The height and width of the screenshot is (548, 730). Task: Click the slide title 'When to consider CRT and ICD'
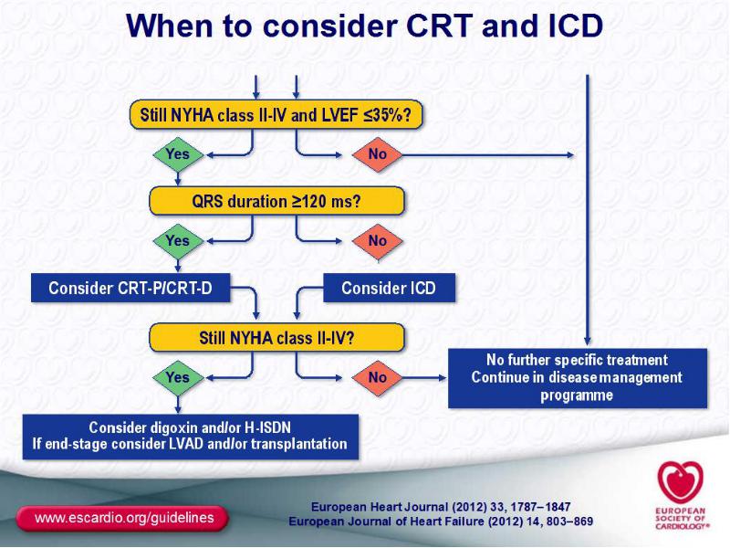pyautogui.click(x=364, y=26)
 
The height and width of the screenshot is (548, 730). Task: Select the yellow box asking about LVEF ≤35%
pyautogui.click(x=276, y=115)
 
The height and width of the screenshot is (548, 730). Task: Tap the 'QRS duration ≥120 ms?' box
pyautogui.click(x=276, y=201)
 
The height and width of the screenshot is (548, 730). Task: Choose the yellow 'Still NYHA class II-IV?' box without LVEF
pyautogui.click(x=276, y=337)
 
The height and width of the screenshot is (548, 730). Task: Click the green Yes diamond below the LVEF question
pyautogui.click(x=178, y=154)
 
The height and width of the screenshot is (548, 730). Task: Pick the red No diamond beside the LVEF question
pyautogui.click(x=377, y=154)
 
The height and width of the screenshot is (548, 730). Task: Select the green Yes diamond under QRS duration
pyautogui.click(x=178, y=241)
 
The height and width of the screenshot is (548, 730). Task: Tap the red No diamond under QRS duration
pyautogui.click(x=377, y=241)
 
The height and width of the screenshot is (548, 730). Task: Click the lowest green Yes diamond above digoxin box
pyautogui.click(x=178, y=377)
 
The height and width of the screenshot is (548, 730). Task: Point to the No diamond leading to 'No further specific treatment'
pyautogui.click(x=377, y=377)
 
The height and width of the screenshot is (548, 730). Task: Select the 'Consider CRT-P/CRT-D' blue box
pyautogui.click(x=130, y=288)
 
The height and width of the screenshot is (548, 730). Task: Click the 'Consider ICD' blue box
pyautogui.click(x=389, y=288)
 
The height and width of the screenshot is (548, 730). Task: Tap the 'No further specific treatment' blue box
pyautogui.click(x=578, y=378)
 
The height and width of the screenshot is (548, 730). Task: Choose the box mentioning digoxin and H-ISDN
pyautogui.click(x=191, y=437)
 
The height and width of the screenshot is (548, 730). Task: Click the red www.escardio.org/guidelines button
pyautogui.click(x=122, y=518)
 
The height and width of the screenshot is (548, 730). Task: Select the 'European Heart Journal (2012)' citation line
pyautogui.click(x=441, y=507)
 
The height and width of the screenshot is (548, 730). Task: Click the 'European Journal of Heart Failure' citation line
pyautogui.click(x=441, y=521)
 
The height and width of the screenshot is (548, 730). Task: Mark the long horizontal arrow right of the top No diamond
pyautogui.click(x=488, y=155)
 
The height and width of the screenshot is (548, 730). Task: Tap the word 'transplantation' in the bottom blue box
pyautogui.click(x=299, y=444)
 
